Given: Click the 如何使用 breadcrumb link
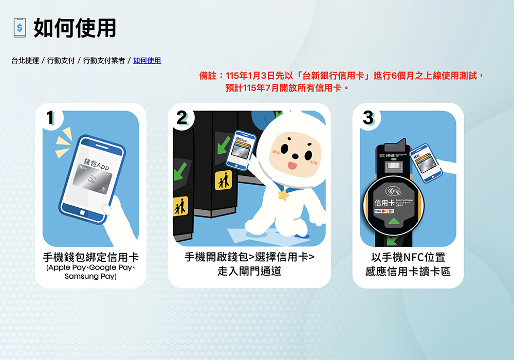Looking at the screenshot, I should coord(147,61).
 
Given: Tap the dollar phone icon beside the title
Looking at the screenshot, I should coord(20,28).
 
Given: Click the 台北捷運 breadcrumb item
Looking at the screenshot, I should coord(25,61).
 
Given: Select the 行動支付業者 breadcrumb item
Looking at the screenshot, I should coord(104,61).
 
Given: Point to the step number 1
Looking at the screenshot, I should coord(50,118).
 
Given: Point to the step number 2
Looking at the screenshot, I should coord(181,118).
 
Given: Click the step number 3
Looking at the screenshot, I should coord(368,118).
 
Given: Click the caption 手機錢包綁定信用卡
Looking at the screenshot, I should coord(90,257).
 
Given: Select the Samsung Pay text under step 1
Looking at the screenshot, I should coord(90,277).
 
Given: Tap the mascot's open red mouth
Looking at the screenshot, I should coord(291,166).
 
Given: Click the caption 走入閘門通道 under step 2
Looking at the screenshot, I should coord(249,271).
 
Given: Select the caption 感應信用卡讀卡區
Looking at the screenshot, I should coord(408,271).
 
